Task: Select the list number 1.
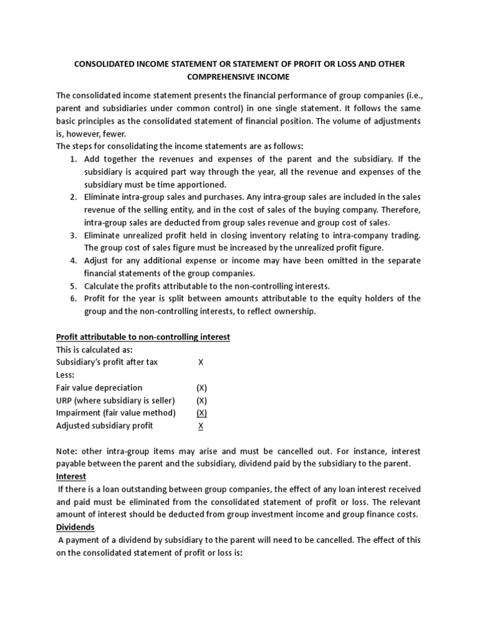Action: pos(73,159)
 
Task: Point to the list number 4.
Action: pos(73,260)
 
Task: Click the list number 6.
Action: pos(73,299)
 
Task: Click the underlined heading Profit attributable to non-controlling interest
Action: pos(143,337)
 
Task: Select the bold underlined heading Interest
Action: pos(71,476)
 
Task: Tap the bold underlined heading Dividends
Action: pos(76,527)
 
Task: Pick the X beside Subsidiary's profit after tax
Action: pos(200,362)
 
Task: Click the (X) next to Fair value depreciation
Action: pos(201,388)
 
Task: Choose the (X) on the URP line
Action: pos(201,400)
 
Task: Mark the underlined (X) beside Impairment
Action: pos(201,412)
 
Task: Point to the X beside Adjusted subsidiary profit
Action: pos(200,426)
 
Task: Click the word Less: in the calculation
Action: pos(66,375)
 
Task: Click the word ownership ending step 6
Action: pos(295,311)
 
